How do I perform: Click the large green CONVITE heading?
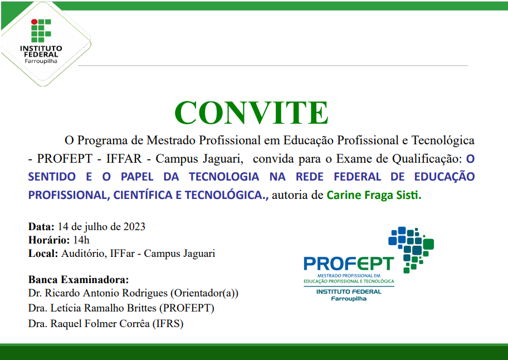(x=251, y=113)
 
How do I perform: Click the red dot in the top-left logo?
(x=33, y=22)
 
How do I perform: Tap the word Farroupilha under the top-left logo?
(x=41, y=61)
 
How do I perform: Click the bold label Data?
(x=41, y=227)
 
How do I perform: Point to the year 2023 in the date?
(x=134, y=227)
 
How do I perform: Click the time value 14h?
(x=81, y=240)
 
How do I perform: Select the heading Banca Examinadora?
(x=78, y=279)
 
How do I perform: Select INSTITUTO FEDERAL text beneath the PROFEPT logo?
(x=349, y=291)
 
